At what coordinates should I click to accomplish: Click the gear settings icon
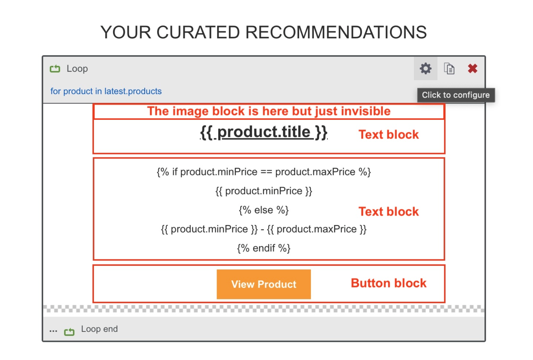tap(425, 69)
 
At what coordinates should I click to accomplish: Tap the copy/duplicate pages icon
tap(449, 69)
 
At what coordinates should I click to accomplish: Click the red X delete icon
tap(472, 69)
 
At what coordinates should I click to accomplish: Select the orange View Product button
tap(264, 284)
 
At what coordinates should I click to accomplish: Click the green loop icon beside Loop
tap(55, 69)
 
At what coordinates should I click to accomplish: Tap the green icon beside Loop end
tap(69, 331)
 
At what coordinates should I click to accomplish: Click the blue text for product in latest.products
tap(106, 91)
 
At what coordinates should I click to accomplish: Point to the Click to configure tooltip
tap(456, 95)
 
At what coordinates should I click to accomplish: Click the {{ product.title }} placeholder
tap(264, 132)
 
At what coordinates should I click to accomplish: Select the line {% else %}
tap(264, 210)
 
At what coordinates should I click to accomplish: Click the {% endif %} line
tap(264, 248)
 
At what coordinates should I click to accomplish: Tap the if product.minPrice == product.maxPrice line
tap(264, 172)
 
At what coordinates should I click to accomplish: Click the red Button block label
tap(389, 283)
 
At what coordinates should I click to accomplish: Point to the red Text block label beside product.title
tap(389, 135)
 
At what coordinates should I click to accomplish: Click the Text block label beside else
tap(389, 212)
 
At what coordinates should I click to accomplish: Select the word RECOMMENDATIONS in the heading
tap(336, 32)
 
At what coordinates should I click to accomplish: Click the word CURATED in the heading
tap(198, 32)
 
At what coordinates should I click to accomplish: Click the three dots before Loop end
tap(53, 331)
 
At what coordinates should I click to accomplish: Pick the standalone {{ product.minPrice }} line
tap(264, 191)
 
